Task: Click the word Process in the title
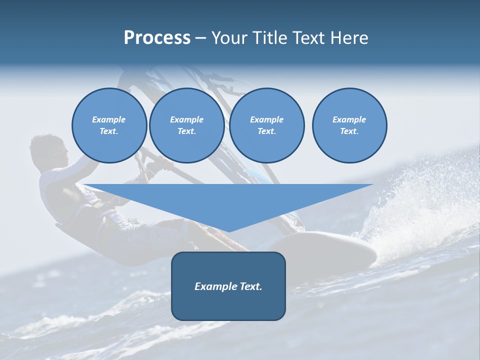tap(157, 38)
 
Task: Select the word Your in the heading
tap(228, 38)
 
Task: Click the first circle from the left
tap(109, 125)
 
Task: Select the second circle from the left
tap(186, 125)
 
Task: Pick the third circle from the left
tap(266, 125)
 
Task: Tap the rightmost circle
tap(349, 125)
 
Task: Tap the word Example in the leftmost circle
tap(109, 119)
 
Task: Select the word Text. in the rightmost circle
tap(349, 131)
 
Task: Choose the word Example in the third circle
tap(266, 119)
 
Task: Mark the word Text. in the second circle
tap(186, 131)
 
